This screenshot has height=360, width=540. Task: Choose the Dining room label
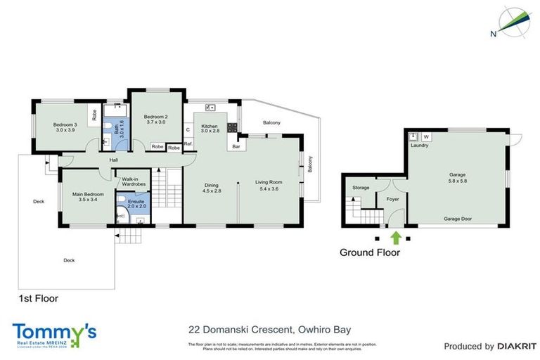tap(212, 186)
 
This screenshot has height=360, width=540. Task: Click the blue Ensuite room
tap(136, 210)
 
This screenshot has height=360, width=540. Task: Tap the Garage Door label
tap(457, 219)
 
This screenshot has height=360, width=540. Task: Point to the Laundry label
tap(420, 146)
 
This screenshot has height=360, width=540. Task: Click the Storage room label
tap(361, 188)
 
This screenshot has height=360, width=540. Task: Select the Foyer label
tap(393, 199)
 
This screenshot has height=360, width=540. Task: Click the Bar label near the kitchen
tap(237, 147)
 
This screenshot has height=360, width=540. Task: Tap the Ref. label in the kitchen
tap(188, 143)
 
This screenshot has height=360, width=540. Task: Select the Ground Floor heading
tap(370, 252)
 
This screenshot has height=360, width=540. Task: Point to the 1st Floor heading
tap(38, 298)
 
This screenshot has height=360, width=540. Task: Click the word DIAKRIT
tap(517, 346)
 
